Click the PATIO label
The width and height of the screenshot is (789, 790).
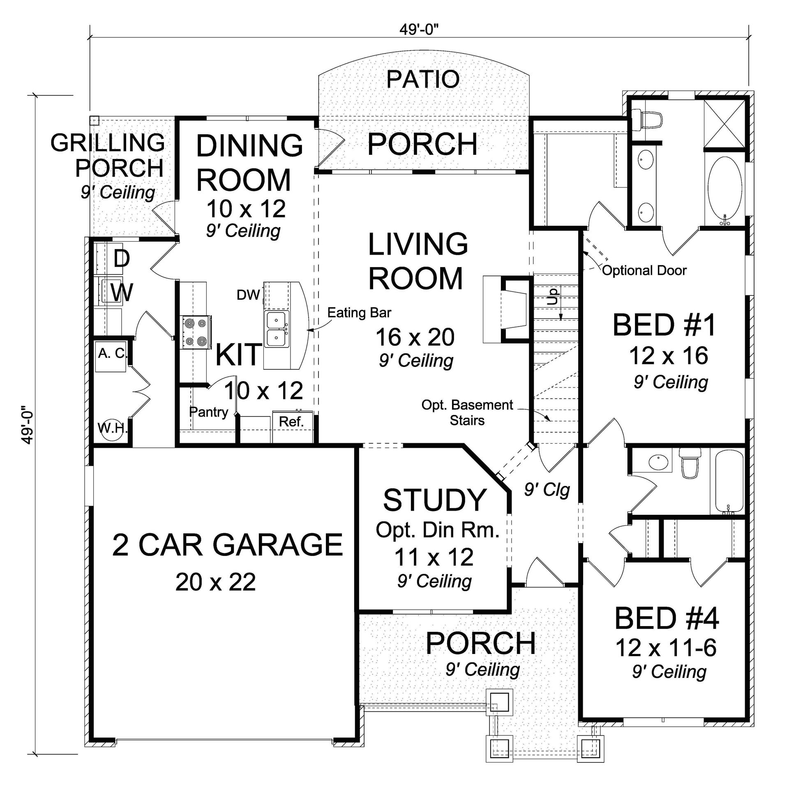click(x=423, y=79)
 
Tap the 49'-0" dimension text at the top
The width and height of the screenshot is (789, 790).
click(x=419, y=30)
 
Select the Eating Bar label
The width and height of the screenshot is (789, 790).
click(x=359, y=313)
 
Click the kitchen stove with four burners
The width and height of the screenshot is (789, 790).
click(x=195, y=332)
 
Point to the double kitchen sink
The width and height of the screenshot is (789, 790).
click(x=277, y=329)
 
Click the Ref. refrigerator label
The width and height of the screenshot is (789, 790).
click(x=291, y=421)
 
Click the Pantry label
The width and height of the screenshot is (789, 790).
click(x=208, y=412)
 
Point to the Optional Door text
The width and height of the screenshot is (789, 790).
click(x=644, y=270)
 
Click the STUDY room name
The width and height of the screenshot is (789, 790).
click(x=435, y=500)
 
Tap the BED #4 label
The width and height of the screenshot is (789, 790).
click(x=666, y=618)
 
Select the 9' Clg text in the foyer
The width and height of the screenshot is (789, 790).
click(x=547, y=490)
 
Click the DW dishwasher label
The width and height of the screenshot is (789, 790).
click(x=248, y=295)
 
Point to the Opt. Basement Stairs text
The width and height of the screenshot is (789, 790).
click(x=467, y=412)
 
